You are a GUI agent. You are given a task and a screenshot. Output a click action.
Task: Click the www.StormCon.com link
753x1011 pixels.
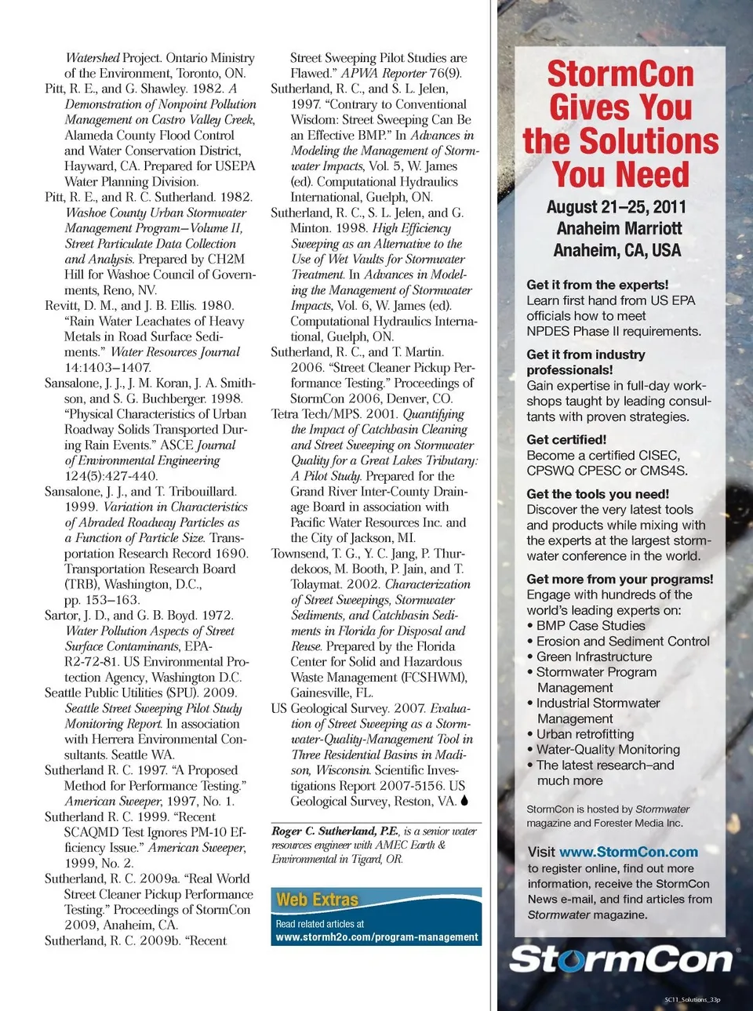[628, 852]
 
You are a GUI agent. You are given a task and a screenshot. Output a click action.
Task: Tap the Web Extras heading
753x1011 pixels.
[317, 900]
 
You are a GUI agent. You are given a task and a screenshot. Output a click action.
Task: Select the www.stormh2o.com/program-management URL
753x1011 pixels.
[376, 936]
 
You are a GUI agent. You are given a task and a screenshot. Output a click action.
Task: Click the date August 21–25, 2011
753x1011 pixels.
[616, 207]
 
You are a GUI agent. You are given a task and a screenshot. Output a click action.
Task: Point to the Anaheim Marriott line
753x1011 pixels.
[619, 229]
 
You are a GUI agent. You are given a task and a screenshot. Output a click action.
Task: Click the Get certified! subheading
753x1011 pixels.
[566, 440]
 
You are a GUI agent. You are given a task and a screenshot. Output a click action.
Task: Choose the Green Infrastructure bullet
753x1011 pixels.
[594, 656]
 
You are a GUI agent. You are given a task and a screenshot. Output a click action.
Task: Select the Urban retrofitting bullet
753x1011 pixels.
[585, 734]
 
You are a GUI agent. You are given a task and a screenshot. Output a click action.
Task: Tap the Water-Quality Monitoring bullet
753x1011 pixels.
[608, 749]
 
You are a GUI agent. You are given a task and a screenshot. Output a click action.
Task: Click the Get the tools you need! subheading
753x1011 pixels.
[598, 494]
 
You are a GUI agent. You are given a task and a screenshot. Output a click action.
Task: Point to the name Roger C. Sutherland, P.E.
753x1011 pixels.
[335, 831]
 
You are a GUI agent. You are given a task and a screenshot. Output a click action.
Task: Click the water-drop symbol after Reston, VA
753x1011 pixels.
[464, 801]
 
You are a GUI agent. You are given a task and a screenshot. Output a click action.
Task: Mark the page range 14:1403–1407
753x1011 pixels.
[107, 367]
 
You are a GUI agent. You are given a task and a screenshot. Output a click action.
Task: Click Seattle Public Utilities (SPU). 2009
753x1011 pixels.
[140, 693]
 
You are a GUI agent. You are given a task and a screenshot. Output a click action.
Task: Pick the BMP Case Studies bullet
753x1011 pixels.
[591, 625]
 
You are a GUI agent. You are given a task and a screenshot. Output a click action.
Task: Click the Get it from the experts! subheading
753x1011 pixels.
[598, 285]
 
